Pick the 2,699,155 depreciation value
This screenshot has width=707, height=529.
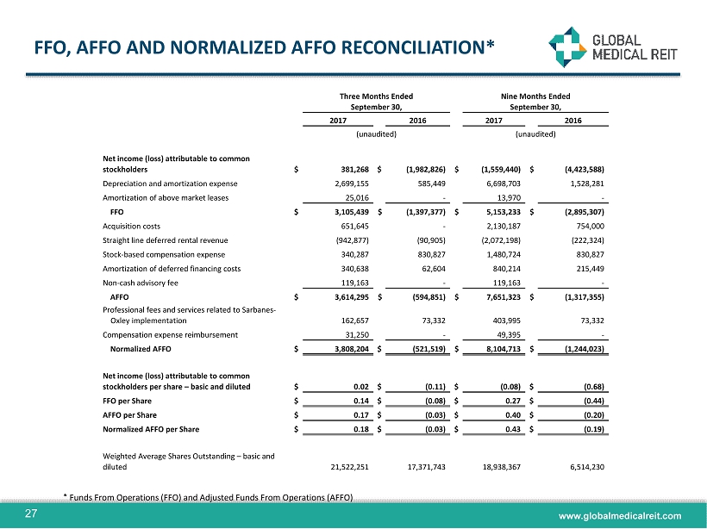coord(347,184)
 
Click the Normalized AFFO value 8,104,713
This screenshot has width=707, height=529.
coord(501,351)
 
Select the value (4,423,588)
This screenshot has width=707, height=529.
coord(578,170)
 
